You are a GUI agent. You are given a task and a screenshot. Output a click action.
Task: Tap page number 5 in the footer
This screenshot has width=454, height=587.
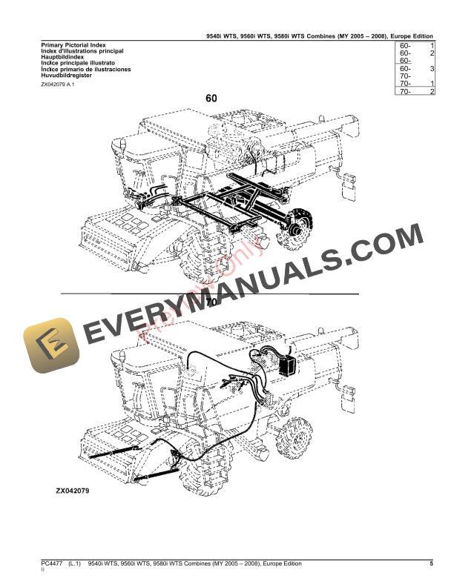(x=431, y=565)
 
